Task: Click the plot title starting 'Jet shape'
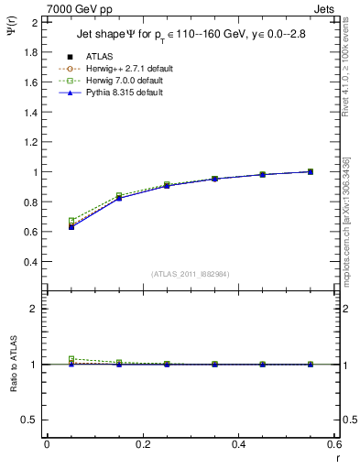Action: [x=191, y=35]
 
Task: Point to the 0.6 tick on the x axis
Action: [x=334, y=444]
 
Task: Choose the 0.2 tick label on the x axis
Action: [x=142, y=444]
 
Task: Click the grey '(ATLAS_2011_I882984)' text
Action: [x=191, y=274]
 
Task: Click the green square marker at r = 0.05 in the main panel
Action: [x=71, y=221]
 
